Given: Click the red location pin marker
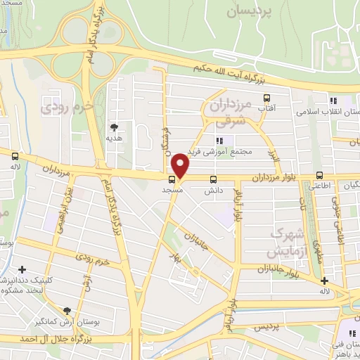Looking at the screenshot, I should click(181, 166).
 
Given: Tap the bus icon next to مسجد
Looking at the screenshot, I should click(172, 178).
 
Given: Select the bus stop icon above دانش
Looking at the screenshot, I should click(213, 179).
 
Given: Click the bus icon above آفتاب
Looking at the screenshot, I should click(266, 98).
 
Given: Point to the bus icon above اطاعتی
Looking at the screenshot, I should click(319, 175).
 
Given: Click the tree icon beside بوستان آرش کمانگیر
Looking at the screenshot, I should click(67, 311).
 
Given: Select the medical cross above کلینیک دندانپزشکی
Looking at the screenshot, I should click(22, 269).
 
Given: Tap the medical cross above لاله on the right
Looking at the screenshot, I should click(324, 281).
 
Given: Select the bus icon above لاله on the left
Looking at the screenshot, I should click(15, 157).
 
